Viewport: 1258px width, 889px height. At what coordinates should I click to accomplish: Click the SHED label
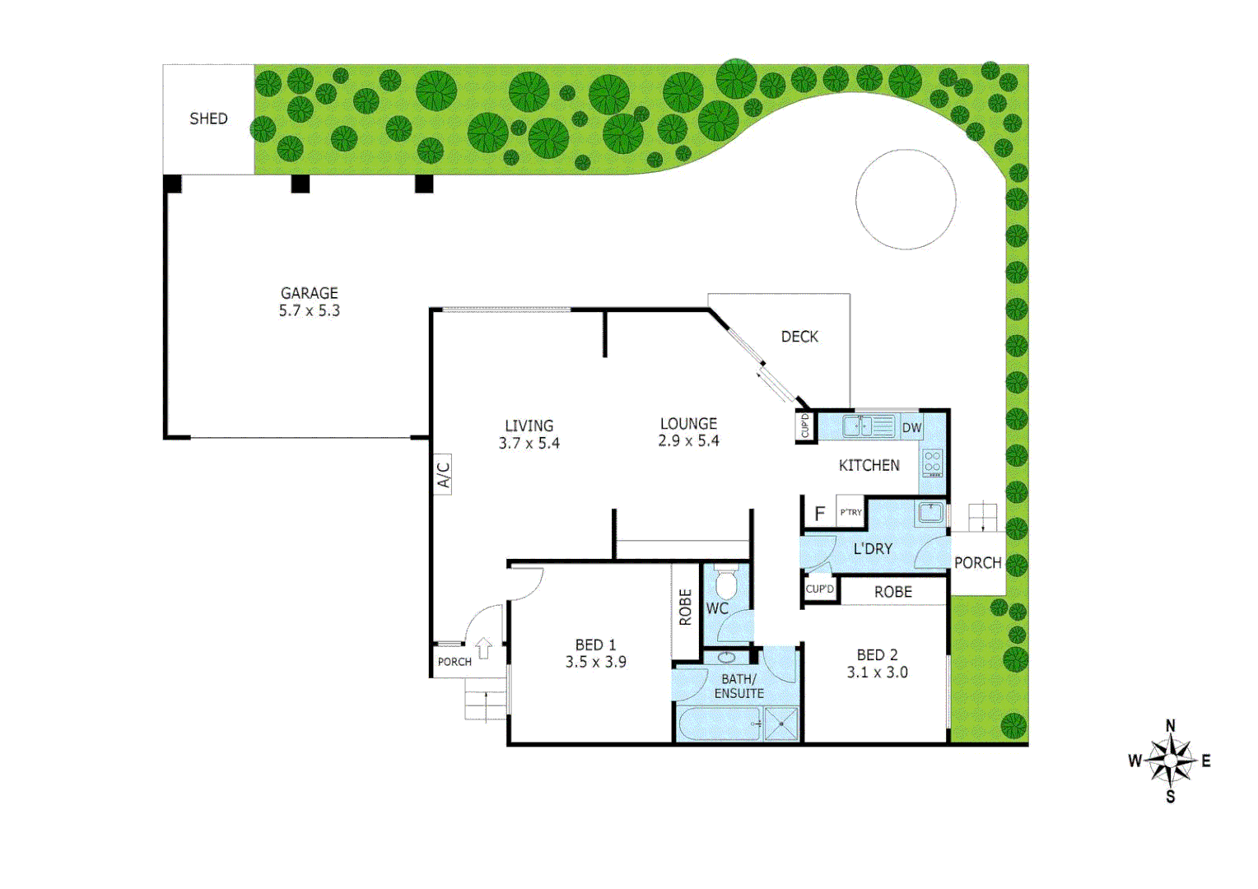(x=208, y=119)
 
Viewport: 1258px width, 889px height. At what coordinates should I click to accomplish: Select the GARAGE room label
(x=309, y=293)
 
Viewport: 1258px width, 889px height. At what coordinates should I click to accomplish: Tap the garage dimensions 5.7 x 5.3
(x=309, y=311)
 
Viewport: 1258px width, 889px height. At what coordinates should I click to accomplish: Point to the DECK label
(x=799, y=337)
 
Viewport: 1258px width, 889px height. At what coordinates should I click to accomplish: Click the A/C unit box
(x=442, y=474)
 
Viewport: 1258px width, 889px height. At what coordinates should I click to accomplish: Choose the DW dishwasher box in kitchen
(x=911, y=427)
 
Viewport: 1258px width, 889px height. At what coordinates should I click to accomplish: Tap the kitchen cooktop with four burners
(x=932, y=463)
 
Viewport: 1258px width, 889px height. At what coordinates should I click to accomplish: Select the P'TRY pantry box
(x=850, y=512)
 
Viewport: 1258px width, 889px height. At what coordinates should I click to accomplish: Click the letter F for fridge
(x=819, y=514)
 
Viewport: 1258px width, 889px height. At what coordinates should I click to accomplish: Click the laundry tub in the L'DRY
(x=930, y=513)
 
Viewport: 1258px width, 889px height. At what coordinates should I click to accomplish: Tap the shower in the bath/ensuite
(x=780, y=724)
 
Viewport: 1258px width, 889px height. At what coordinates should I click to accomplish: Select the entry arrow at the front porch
(x=484, y=649)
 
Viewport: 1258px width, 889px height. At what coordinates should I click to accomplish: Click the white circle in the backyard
(x=906, y=199)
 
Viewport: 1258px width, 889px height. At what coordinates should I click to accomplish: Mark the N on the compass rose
(x=1170, y=726)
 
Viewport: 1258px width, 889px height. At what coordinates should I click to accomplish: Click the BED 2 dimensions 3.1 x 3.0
(x=877, y=673)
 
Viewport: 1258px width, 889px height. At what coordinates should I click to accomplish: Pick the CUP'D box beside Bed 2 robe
(x=820, y=589)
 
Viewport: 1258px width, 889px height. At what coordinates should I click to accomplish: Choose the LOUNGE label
(x=688, y=423)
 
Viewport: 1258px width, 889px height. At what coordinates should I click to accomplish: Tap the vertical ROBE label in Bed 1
(x=685, y=607)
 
